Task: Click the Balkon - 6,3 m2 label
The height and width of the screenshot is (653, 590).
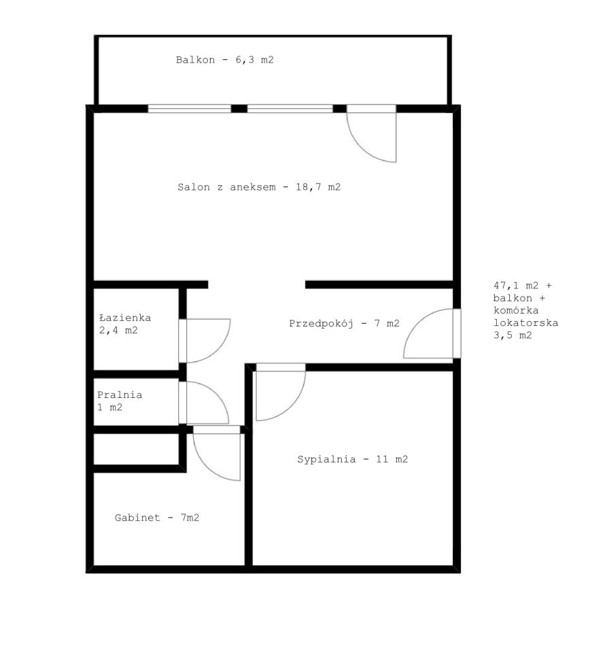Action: [x=225, y=60]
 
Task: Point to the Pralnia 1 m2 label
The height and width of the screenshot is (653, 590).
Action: [x=120, y=401]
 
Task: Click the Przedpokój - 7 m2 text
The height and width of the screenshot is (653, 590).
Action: [x=344, y=323]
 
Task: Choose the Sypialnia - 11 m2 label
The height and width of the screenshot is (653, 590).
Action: [x=352, y=459]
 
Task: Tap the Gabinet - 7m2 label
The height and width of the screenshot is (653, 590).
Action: [x=157, y=517]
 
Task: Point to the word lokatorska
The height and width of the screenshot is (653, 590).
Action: [x=526, y=322]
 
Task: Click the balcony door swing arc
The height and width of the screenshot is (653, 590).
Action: [x=362, y=149]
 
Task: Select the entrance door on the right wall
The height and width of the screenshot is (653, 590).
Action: [x=432, y=333]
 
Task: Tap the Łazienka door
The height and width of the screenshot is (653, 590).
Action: [x=205, y=341]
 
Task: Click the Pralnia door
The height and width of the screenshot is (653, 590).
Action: [x=204, y=403]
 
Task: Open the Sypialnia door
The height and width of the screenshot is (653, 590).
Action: [x=281, y=392]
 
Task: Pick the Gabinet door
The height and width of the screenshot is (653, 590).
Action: [x=217, y=453]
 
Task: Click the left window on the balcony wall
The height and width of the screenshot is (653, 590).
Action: [x=190, y=109]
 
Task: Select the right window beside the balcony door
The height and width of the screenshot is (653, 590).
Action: [x=290, y=109]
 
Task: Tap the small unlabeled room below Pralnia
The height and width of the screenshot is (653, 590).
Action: [x=136, y=449]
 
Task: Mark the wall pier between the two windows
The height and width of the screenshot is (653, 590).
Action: [x=239, y=109]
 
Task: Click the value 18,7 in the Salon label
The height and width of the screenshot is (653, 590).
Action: [x=309, y=187]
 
